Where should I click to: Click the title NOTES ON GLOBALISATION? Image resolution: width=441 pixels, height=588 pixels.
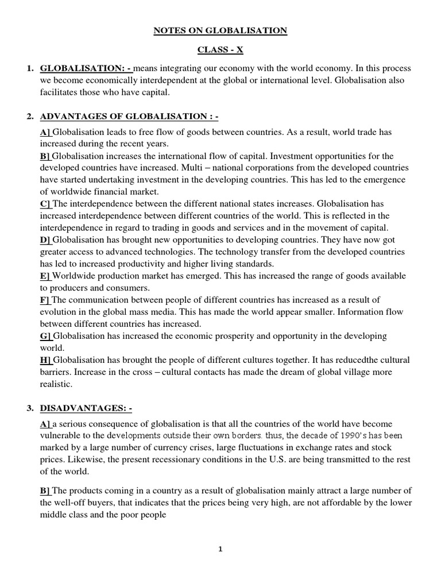(x=220, y=30)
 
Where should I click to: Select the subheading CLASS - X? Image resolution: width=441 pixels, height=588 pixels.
(x=220, y=50)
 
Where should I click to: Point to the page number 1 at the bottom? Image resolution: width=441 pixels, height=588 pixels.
(x=220, y=549)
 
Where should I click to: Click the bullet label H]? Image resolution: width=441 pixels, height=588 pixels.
(x=46, y=360)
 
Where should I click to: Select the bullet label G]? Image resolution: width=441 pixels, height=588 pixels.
(x=46, y=336)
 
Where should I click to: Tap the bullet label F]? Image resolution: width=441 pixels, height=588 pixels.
(x=45, y=300)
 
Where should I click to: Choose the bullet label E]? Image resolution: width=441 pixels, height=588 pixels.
(x=45, y=276)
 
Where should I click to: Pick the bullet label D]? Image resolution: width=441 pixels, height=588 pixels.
(x=46, y=239)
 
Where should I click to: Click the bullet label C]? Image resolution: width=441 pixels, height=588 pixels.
(x=46, y=203)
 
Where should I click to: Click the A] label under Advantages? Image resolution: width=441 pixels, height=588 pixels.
(x=46, y=131)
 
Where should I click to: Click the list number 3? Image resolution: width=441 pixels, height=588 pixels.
(x=29, y=408)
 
